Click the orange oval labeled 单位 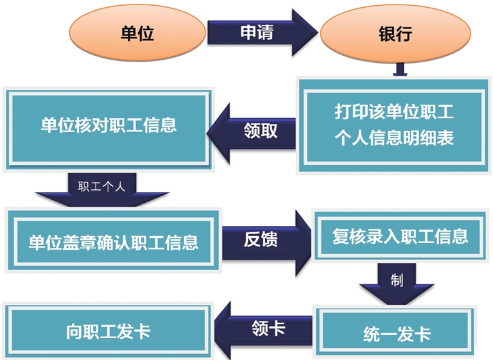click(137, 34)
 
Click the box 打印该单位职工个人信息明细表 click(393, 125)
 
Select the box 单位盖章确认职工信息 click(113, 241)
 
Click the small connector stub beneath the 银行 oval click(398, 69)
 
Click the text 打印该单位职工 click(394, 112)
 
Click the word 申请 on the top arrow click(256, 33)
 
